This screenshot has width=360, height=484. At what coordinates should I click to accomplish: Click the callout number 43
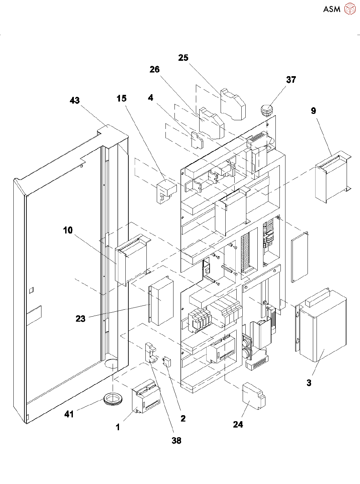75,101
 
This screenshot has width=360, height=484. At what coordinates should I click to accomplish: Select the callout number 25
183,58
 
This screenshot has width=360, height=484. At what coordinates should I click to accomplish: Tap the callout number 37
291,80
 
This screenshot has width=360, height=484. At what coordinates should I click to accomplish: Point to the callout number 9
313,111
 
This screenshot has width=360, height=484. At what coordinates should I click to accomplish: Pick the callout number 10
68,230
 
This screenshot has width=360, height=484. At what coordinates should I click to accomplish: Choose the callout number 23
81,319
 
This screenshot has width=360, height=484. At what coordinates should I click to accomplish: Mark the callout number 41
69,414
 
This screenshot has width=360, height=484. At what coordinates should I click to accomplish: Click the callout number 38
176,441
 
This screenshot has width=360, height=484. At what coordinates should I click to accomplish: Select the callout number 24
238,425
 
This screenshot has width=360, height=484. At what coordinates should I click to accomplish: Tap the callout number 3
309,383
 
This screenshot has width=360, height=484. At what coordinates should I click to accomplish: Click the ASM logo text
332,9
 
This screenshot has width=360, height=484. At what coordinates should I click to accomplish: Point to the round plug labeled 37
266,110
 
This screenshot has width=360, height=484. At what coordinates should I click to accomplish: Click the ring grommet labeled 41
114,399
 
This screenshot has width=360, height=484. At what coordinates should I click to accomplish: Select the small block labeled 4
197,140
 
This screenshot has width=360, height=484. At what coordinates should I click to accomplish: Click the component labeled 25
233,104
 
